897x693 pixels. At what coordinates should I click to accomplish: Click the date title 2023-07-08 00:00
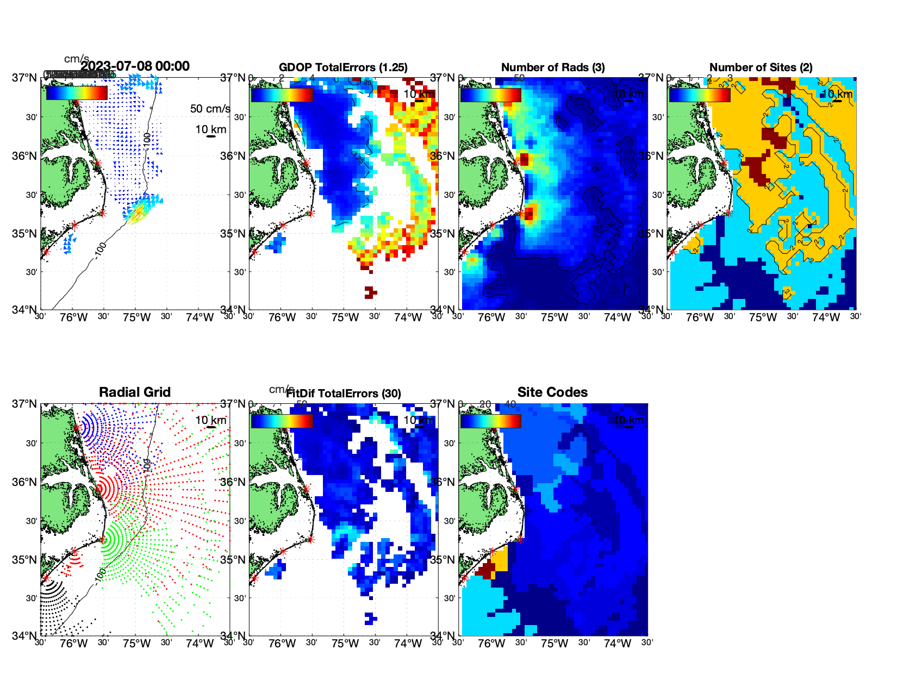tap(135, 66)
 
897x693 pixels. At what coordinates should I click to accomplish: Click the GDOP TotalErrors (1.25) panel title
tap(343, 67)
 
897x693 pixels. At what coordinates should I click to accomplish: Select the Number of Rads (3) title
tap(553, 67)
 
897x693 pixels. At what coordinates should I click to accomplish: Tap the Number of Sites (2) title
tap(761, 67)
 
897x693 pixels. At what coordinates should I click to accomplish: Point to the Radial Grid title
tap(135, 392)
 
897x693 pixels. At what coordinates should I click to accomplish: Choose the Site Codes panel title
tap(552, 392)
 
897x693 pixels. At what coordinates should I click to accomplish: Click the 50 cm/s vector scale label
tap(210, 109)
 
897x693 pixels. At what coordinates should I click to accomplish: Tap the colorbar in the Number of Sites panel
tap(700, 95)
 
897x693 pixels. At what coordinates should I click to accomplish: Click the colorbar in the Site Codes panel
tap(490, 421)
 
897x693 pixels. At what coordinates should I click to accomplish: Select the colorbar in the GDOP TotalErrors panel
tap(282, 95)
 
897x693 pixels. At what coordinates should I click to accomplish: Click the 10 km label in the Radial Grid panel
tap(211, 420)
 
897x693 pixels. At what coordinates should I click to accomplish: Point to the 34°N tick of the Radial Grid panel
tap(24, 635)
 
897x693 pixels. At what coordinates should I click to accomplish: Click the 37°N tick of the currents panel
tap(24, 78)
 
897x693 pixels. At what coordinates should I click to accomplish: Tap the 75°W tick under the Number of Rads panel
tap(555, 317)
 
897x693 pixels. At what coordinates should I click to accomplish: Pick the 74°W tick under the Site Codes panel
tap(618, 644)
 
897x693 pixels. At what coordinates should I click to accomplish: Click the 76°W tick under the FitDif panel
tap(282, 644)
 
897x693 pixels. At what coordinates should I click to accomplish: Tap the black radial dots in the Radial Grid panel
tap(54, 598)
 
